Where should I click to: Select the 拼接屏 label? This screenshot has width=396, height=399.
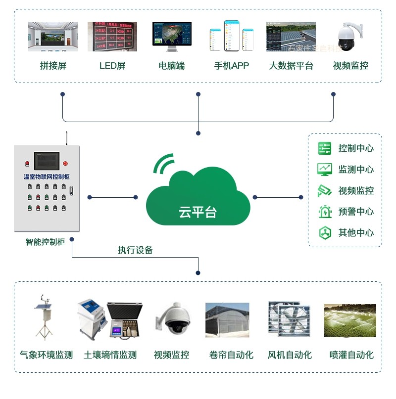coord(53,66)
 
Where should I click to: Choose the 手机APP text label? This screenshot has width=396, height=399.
coord(232,66)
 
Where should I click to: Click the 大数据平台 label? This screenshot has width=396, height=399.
coord(291,66)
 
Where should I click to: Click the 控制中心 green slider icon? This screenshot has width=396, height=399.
coord(325,148)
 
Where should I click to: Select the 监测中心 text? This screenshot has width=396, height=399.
coord(356,169)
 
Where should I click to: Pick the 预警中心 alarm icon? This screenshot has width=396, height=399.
coord(325,212)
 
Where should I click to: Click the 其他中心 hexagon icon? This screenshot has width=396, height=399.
coord(325,232)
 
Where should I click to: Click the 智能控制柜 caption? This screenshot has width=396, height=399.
coord(46,242)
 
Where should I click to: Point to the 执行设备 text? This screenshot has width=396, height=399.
coord(135,250)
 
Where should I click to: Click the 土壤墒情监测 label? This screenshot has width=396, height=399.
coord(110,355)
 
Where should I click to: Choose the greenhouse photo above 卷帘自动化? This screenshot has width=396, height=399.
coord(227,320)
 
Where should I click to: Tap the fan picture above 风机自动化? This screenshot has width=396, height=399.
coord(290,319)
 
